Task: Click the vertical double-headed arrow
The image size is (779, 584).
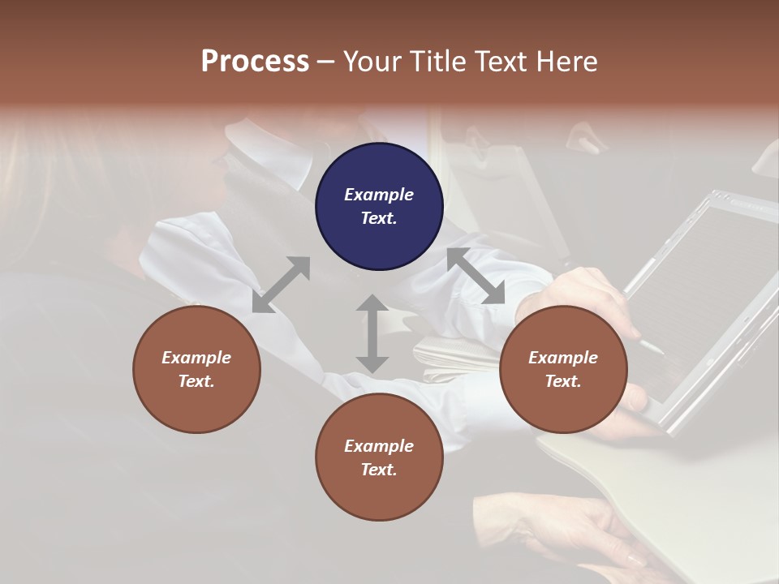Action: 372,333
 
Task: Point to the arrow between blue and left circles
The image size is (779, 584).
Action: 282,284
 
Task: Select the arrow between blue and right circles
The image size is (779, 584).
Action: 476,276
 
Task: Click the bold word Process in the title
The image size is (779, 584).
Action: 255,61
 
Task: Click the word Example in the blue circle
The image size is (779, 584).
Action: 379,195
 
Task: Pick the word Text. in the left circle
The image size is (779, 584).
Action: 196,381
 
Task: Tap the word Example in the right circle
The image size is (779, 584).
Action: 563,358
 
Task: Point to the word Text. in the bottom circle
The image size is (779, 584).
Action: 379,470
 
